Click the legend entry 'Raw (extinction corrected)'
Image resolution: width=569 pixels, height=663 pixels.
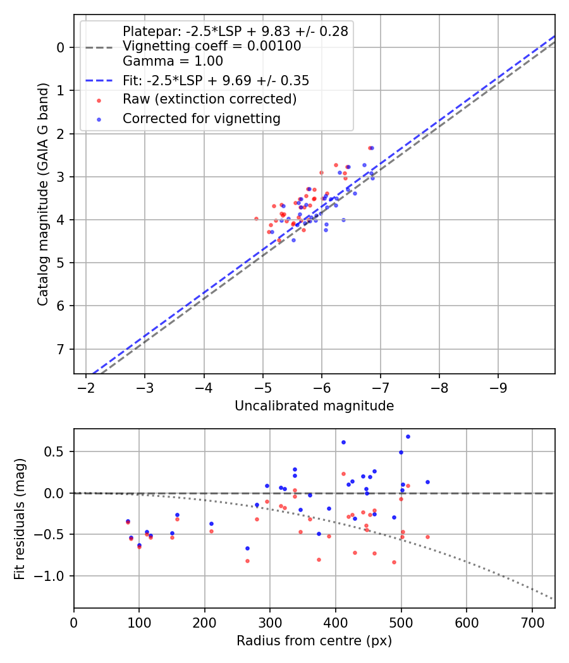209,99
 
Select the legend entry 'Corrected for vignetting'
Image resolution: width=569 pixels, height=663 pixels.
201,118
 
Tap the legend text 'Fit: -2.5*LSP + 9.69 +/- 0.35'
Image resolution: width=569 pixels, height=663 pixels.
216,80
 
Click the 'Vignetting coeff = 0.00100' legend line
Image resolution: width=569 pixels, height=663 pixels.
212,46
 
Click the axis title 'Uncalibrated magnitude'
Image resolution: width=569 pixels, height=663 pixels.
314,406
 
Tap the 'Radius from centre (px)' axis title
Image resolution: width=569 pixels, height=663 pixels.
314,641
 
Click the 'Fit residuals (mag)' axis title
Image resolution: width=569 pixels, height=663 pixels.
20,518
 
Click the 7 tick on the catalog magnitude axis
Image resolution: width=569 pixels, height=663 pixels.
61,349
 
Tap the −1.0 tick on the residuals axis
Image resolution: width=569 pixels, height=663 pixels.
53,576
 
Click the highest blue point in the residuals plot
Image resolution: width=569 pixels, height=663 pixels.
408,436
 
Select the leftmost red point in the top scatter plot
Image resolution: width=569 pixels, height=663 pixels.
256,218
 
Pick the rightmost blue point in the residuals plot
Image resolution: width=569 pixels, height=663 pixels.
427,482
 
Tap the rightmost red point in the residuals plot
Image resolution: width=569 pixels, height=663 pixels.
427,537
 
